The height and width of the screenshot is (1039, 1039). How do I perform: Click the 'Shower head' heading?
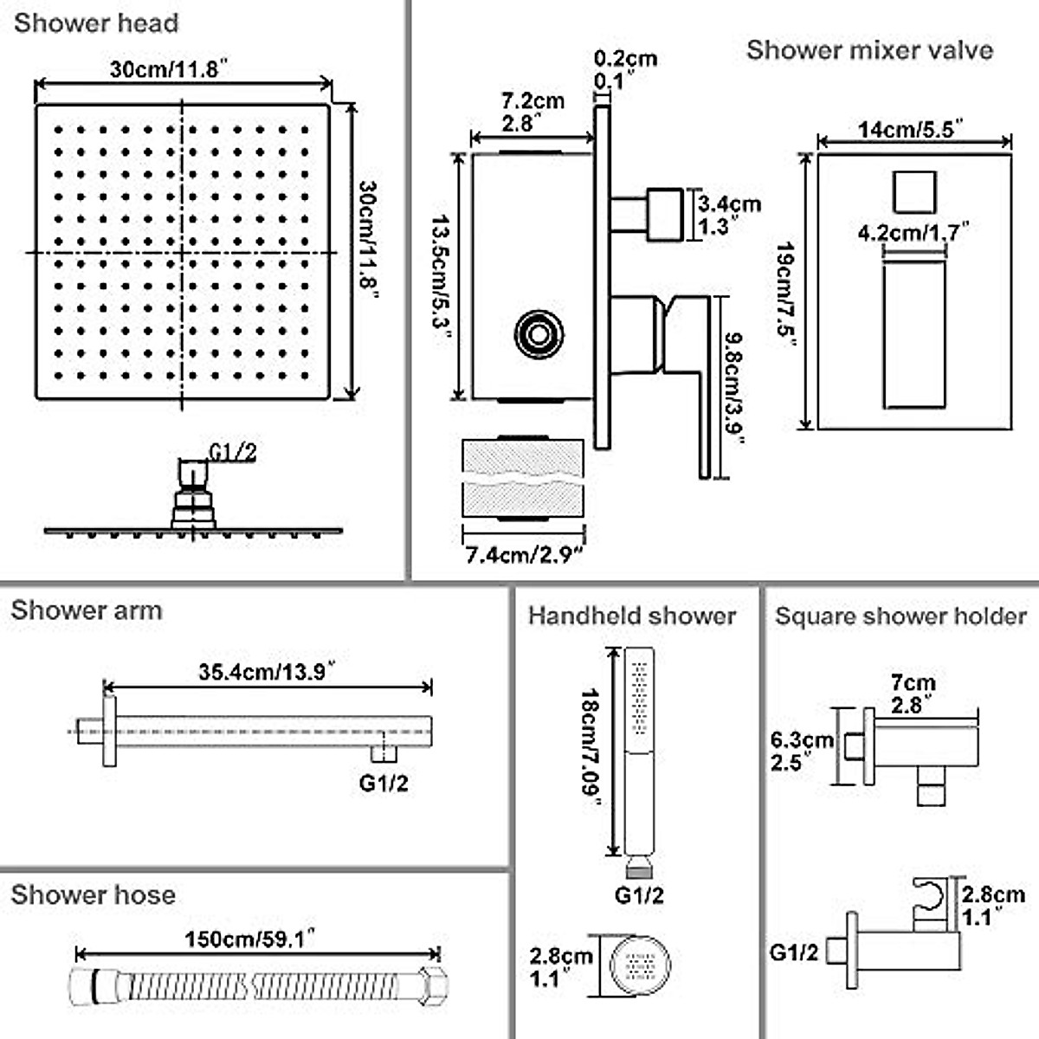click(95, 23)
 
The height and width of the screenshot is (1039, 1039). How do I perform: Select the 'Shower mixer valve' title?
click(869, 50)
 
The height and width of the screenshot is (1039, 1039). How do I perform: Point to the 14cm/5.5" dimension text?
click(911, 130)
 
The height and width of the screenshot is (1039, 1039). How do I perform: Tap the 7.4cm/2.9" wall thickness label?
click(525, 554)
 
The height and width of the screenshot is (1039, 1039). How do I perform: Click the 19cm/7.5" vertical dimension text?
click(786, 294)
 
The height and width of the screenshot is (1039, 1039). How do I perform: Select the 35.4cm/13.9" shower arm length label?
click(267, 672)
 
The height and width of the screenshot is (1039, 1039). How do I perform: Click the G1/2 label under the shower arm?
click(384, 784)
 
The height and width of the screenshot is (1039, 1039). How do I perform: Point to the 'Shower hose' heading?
click(93, 894)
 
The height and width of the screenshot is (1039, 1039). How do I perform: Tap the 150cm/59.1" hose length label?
click(248, 939)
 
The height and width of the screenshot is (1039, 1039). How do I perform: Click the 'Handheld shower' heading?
click(632, 616)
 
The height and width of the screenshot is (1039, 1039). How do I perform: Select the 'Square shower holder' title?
click(900, 616)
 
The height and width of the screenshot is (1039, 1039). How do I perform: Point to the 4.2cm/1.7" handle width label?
click(913, 232)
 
